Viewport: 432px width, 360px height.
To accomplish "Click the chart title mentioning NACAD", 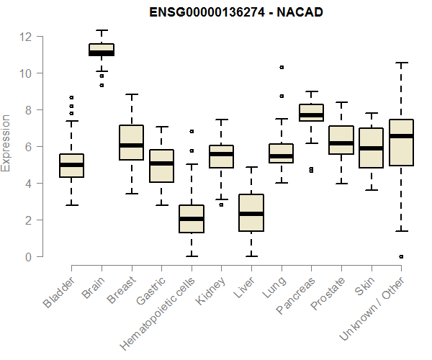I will tap(227, 13).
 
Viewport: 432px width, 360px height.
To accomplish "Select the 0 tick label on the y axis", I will tap(28, 256).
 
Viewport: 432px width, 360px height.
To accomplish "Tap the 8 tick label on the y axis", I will tap(28, 109).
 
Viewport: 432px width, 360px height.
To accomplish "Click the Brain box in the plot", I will tap(102, 50).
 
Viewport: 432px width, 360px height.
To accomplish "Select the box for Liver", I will tap(251, 213).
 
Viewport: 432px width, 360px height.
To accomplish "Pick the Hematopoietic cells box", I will tap(191, 219).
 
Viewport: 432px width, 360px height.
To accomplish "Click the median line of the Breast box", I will tap(131, 145).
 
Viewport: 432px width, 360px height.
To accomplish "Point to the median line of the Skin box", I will tap(371, 148).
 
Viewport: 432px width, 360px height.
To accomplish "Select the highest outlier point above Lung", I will tap(282, 67).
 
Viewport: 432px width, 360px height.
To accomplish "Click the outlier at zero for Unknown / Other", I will tap(401, 256).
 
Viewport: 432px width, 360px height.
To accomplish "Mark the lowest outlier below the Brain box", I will tap(102, 85).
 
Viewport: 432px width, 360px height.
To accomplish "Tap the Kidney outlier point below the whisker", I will tap(221, 204).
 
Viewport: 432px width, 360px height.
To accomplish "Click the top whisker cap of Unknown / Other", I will tap(401, 63).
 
